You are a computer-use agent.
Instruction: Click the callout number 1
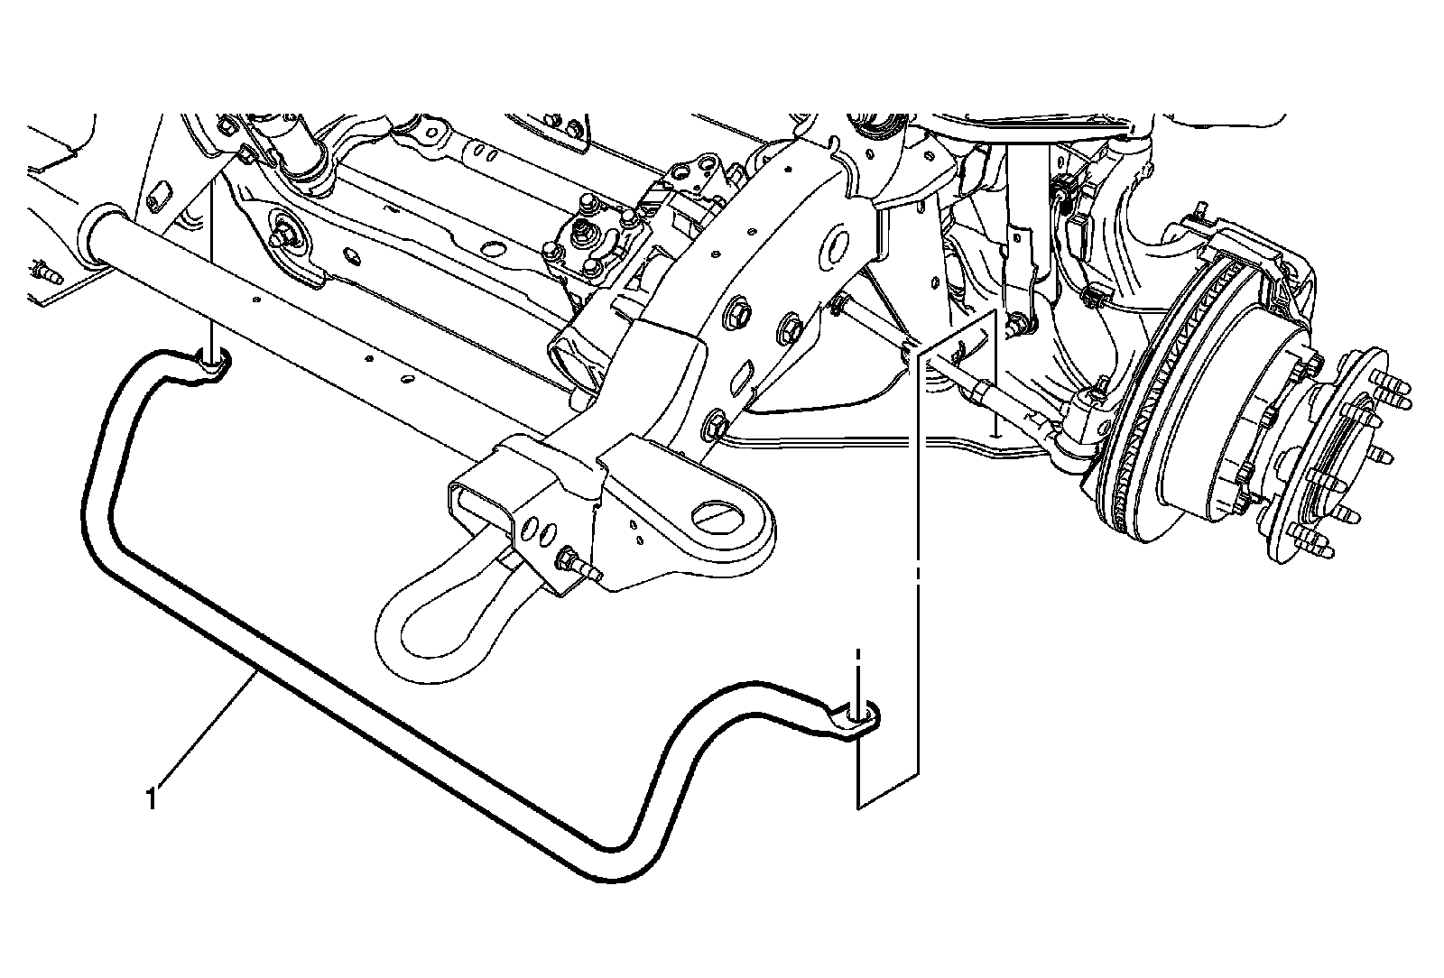153,799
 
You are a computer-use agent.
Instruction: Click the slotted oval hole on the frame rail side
746,374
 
